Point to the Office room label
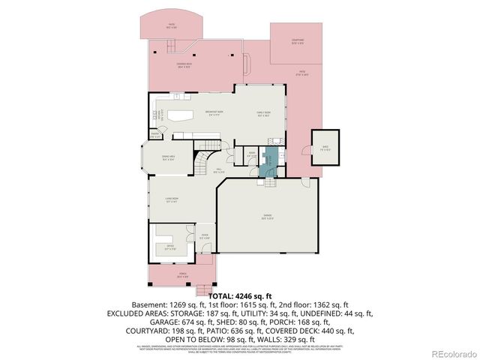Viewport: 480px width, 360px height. [169, 248]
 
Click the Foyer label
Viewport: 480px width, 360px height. [204, 240]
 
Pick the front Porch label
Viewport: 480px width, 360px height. [183, 275]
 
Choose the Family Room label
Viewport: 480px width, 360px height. [264, 114]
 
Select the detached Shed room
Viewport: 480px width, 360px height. [325, 148]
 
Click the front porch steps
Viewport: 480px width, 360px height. [203, 288]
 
